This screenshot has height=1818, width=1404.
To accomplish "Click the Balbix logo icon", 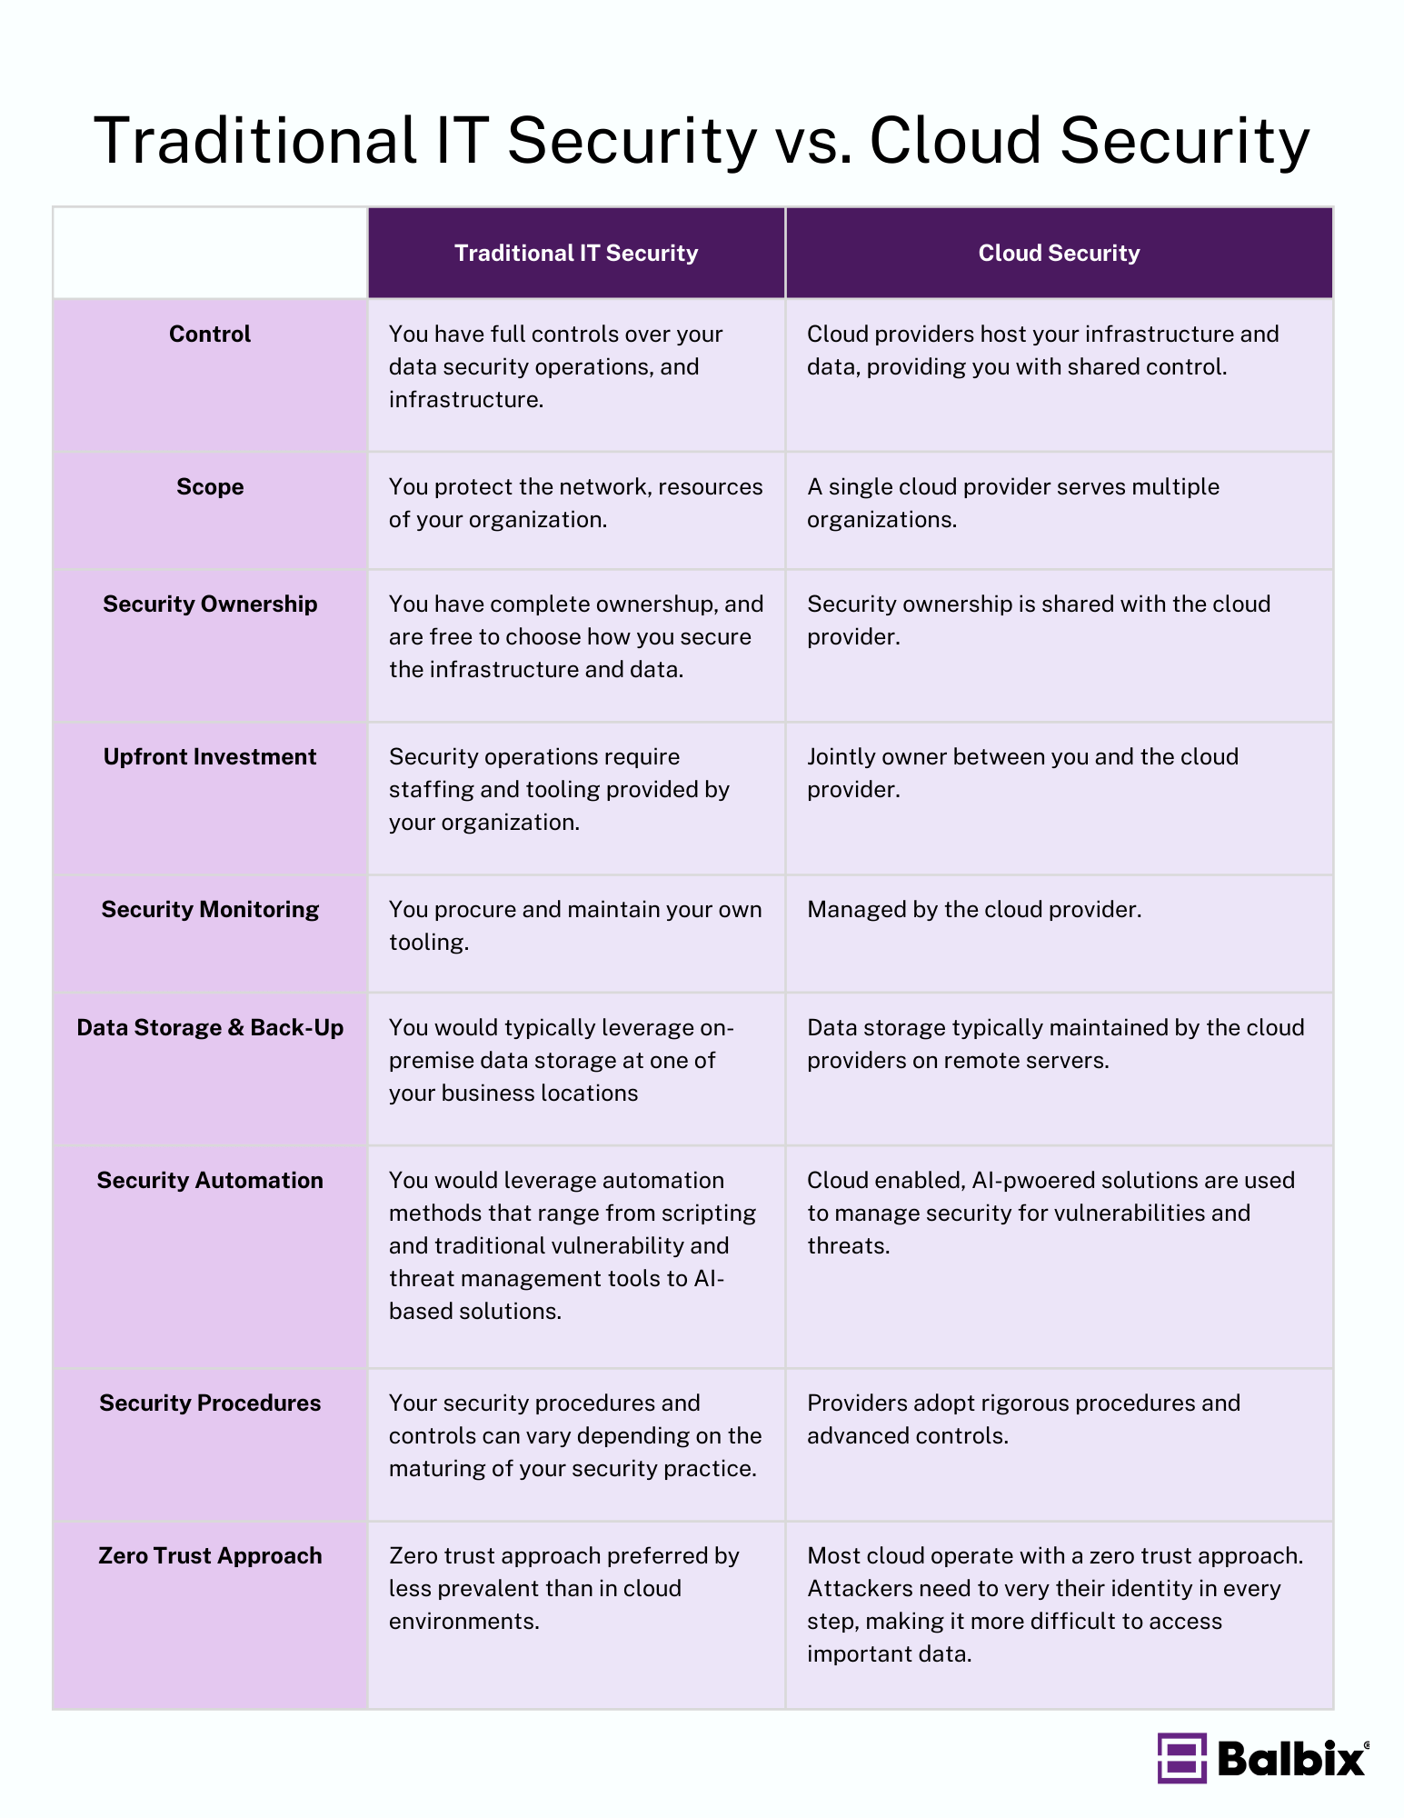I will click(1181, 1758).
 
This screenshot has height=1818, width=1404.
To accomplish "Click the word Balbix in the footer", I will click(1291, 1759).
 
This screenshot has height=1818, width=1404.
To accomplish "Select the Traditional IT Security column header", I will click(576, 253).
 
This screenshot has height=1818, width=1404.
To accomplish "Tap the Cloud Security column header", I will click(1059, 253).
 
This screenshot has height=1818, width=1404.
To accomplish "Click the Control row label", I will click(210, 334).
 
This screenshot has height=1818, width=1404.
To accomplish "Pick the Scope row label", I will click(210, 486).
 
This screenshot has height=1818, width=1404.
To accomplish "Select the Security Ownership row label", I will click(210, 604).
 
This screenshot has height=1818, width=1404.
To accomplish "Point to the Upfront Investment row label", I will click(210, 756).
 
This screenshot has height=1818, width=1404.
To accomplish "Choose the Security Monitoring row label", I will click(210, 909).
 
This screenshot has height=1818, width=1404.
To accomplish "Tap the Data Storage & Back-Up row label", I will click(210, 1027).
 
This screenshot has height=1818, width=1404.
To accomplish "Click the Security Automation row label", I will click(210, 1180).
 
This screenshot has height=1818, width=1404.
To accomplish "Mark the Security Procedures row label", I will click(210, 1403).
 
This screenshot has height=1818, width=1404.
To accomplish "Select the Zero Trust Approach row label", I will click(210, 1555).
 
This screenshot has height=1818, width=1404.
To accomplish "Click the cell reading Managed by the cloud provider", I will click(974, 909).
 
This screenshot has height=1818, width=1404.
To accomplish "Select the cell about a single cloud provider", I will click(1012, 503).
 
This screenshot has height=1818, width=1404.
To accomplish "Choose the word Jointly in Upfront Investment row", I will click(841, 756).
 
